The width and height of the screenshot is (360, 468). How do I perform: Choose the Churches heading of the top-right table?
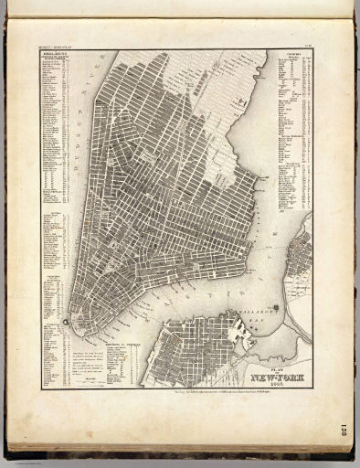[x=293, y=56]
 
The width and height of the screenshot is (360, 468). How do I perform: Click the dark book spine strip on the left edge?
[x=4, y=238]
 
